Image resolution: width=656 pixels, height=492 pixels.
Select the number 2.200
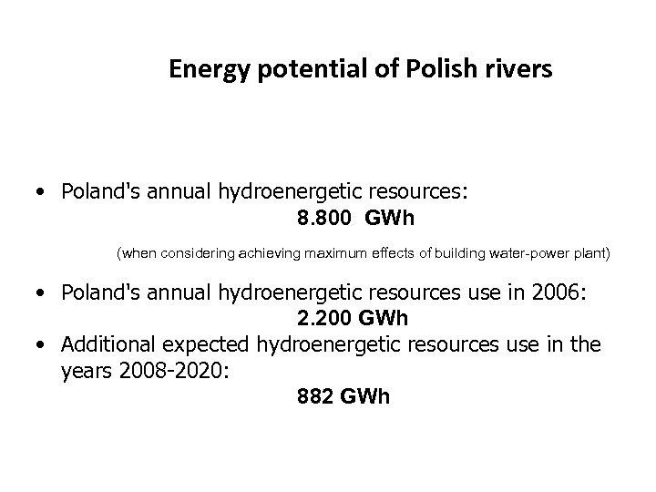[323, 320]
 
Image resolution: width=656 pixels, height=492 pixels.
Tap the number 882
[313, 397]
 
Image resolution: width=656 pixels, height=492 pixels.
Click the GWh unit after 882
[364, 397]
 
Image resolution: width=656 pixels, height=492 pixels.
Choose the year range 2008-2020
[168, 372]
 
